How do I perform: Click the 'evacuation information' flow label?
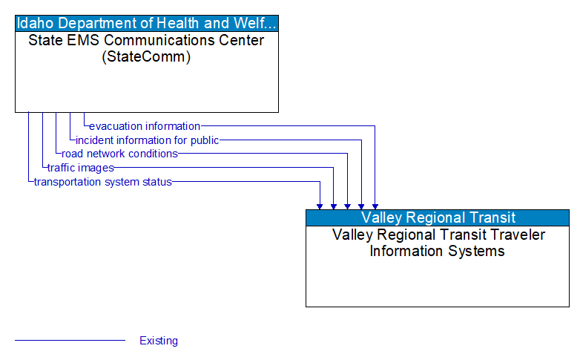(x=145, y=126)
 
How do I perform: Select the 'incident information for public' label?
(x=147, y=140)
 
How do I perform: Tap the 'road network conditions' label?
(x=119, y=154)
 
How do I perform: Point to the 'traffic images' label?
(x=80, y=168)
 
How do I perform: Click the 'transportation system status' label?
(x=102, y=182)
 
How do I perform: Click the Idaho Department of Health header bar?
(x=147, y=22)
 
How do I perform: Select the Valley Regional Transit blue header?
(x=438, y=217)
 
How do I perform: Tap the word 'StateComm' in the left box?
(x=146, y=56)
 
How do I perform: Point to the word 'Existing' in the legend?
(x=159, y=341)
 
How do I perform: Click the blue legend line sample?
(x=70, y=341)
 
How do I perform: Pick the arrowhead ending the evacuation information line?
(x=375, y=206)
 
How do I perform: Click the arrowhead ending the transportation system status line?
(x=320, y=206)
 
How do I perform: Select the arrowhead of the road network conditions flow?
(x=347, y=206)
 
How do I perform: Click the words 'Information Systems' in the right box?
(x=438, y=251)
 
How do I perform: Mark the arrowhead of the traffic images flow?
(x=334, y=206)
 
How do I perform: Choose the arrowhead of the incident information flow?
(x=361, y=206)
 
